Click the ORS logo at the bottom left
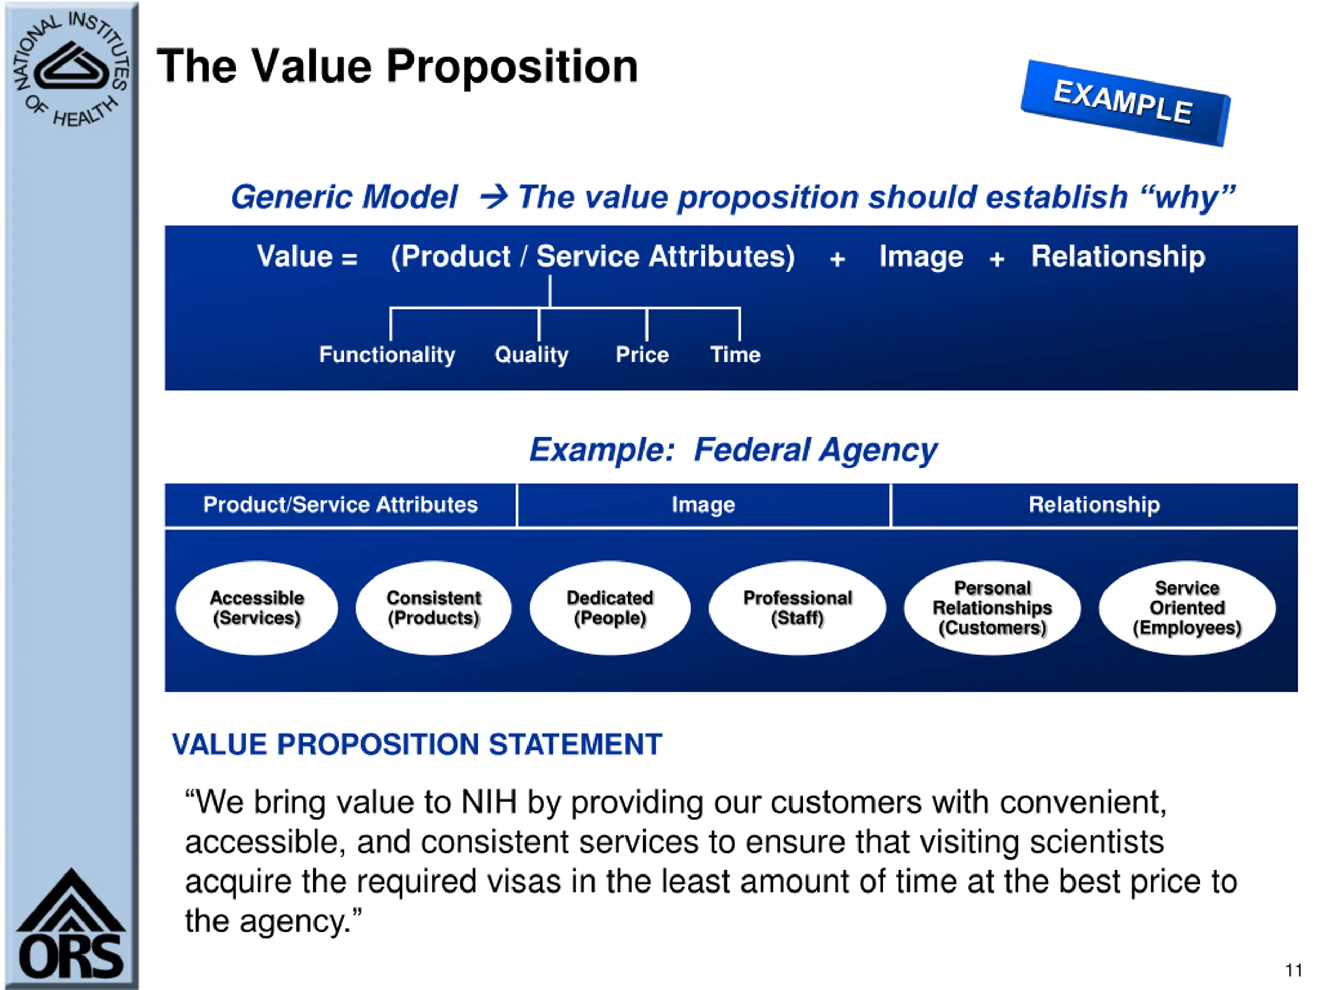[x=71, y=926]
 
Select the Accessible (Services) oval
[x=257, y=607]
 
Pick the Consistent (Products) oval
[x=433, y=607]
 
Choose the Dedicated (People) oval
[x=609, y=607]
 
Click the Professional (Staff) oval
[x=797, y=607]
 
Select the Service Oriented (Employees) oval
[x=1187, y=607]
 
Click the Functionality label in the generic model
[x=387, y=355]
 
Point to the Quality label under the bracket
[x=531, y=355]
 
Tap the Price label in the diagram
[x=642, y=355]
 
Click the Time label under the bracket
[x=735, y=355]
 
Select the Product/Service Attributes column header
[x=340, y=505]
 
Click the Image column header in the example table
[x=703, y=505]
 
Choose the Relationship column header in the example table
[x=1094, y=505]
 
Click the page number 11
[x=1293, y=970]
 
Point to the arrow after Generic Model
[x=493, y=196]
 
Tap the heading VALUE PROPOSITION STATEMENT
[x=417, y=744]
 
